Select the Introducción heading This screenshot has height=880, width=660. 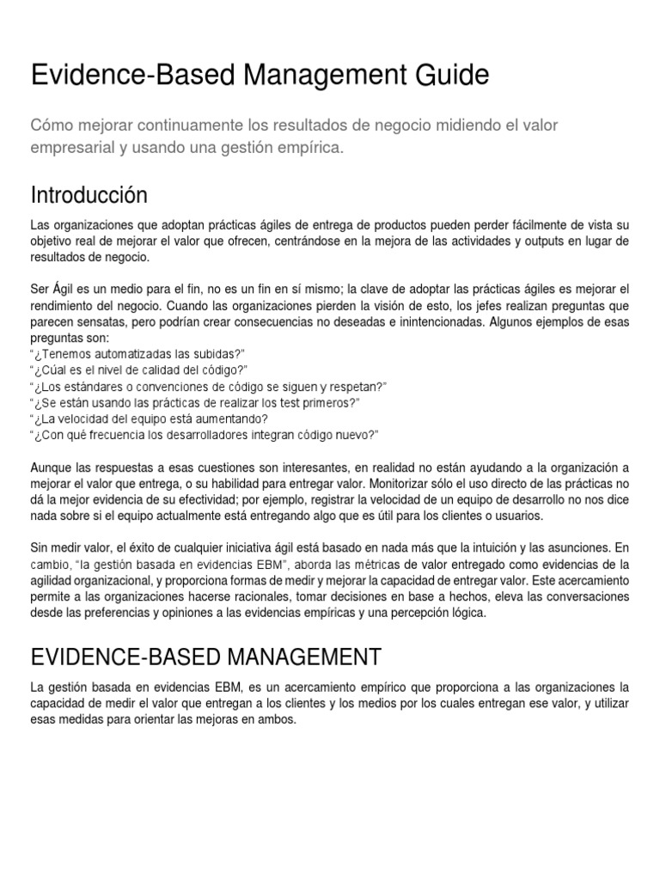[x=89, y=192]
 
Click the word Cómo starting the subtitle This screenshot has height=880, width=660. [x=52, y=125]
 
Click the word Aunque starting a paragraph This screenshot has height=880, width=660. [x=51, y=467]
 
